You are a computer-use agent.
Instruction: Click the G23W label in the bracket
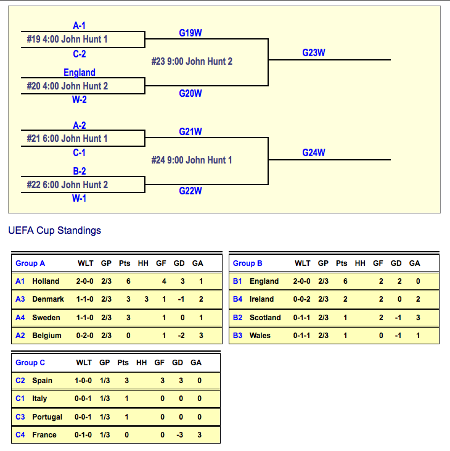313,53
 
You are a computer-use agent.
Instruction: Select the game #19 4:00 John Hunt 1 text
67,39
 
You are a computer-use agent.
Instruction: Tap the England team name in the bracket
80,73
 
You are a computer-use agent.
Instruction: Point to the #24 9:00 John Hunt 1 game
192,160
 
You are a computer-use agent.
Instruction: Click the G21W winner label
190,132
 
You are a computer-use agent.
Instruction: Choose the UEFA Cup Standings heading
55,231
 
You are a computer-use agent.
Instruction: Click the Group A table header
30,263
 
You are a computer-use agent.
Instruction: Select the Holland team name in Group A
46,281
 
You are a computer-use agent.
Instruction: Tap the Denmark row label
48,299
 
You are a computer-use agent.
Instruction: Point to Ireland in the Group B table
262,299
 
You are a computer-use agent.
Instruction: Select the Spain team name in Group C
43,381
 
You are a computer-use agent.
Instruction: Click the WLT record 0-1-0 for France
84,435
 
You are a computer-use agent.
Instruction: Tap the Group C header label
30,363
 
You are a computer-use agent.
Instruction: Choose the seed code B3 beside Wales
238,336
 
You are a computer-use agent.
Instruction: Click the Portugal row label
47,417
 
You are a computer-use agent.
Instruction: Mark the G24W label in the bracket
313,153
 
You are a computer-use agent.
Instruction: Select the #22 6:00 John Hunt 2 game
67,185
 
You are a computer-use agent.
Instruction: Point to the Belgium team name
47,336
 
